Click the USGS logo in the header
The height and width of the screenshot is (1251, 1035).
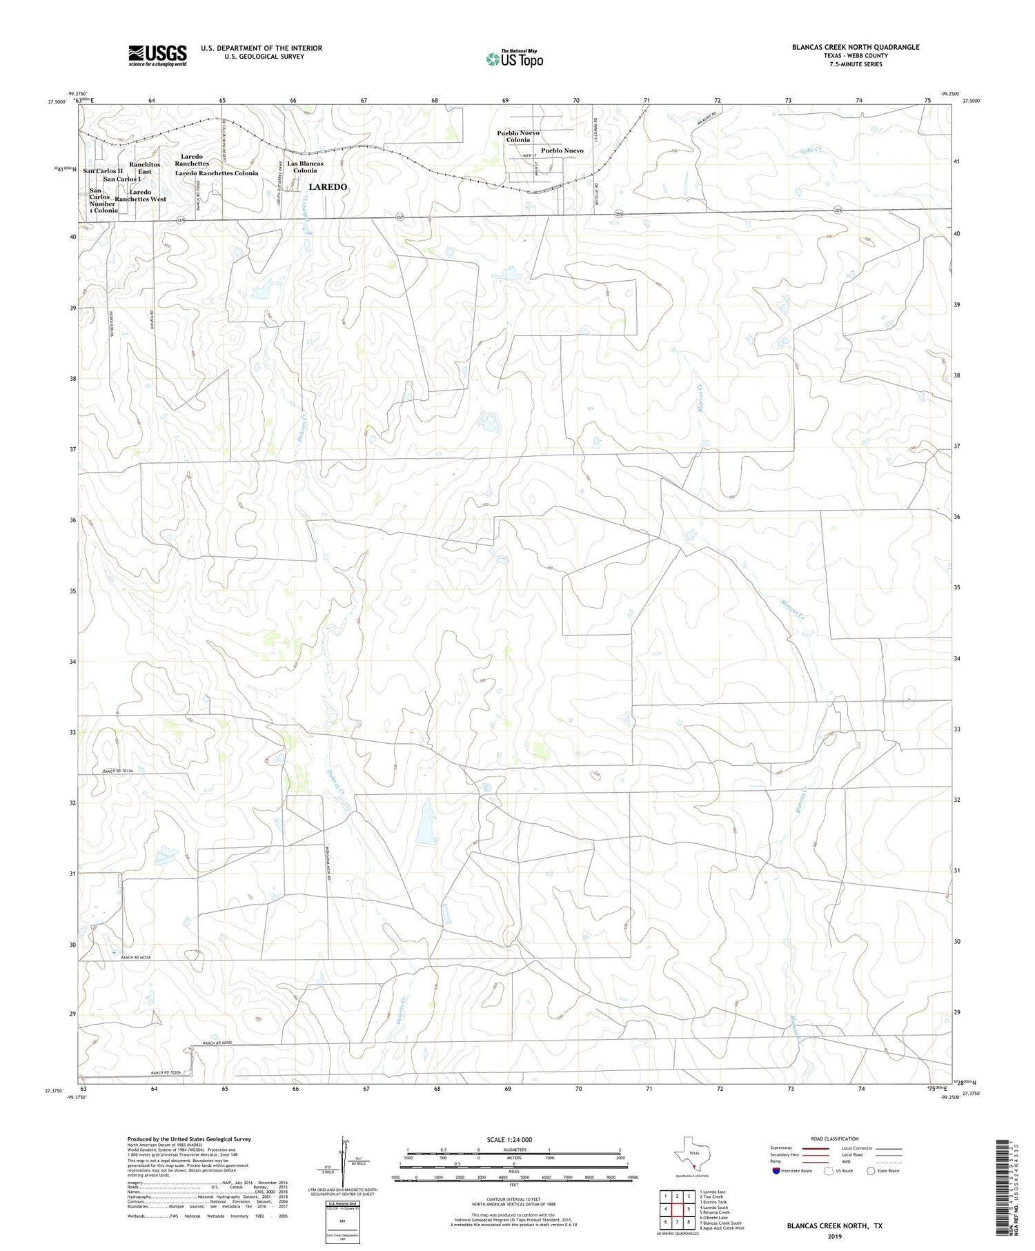point(157,55)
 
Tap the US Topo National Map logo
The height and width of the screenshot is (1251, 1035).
point(514,59)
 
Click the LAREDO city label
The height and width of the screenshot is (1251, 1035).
point(328,187)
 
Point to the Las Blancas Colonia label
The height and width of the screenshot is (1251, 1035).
point(305,167)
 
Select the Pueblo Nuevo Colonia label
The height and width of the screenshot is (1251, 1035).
point(518,136)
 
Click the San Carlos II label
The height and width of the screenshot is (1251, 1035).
point(103,171)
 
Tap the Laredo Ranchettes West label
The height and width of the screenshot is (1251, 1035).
point(140,196)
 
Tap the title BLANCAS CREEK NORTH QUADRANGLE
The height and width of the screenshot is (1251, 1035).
point(856,47)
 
